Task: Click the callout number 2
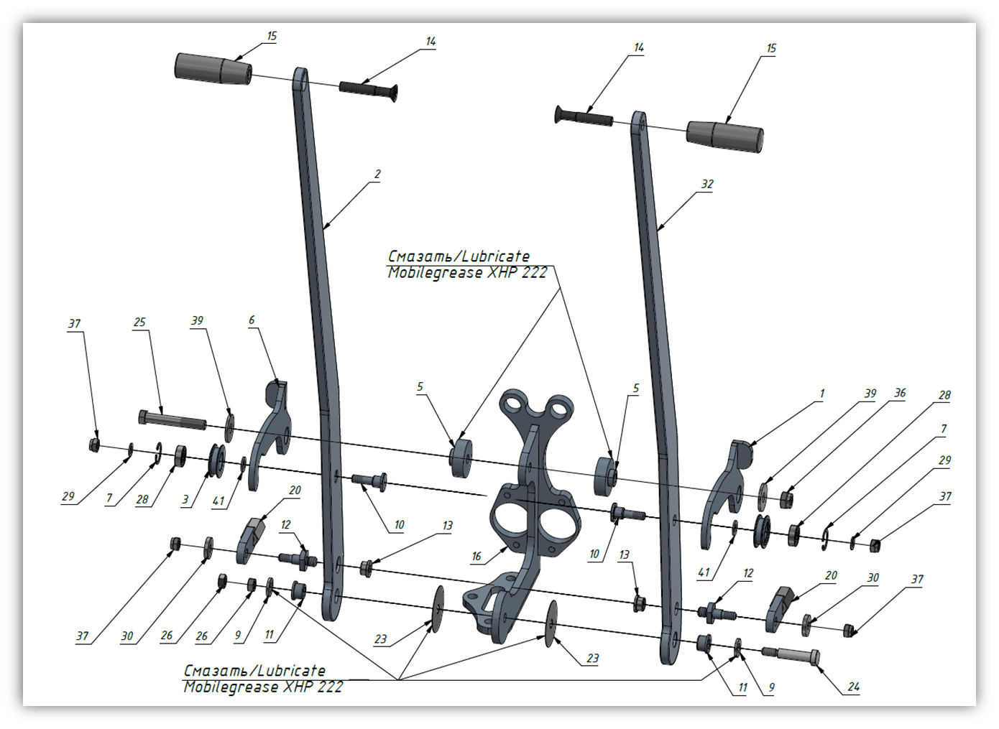pos(377,175)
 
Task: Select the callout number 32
pos(707,184)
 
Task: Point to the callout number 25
pos(139,322)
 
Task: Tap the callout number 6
pos(252,320)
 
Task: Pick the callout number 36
pos(900,393)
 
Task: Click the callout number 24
pos(853,687)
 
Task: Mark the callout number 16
pos(477,556)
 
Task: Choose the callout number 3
pos(185,499)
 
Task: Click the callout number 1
pos(822,394)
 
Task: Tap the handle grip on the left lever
pos(213,69)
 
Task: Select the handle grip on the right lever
pos(724,136)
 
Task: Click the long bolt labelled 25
pos(172,419)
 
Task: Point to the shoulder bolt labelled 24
pos(791,656)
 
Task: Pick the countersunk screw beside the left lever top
pos(369,90)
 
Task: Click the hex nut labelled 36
pos(786,500)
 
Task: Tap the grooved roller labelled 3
pos(218,461)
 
